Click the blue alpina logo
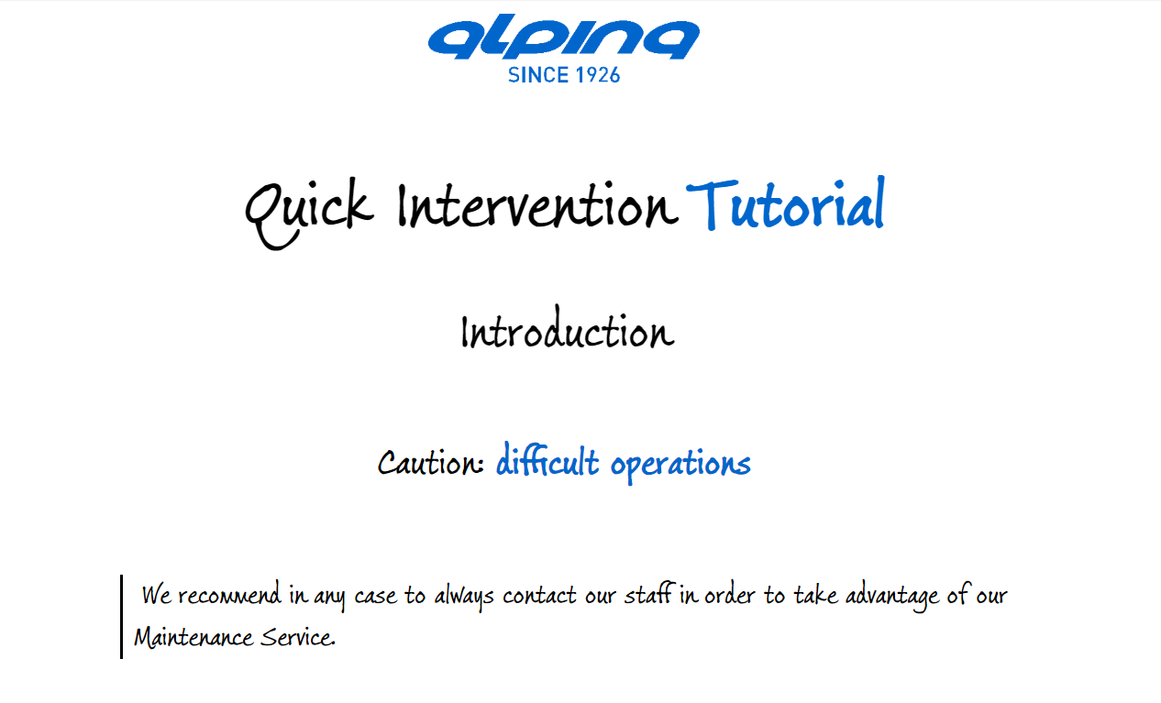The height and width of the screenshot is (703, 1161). (564, 37)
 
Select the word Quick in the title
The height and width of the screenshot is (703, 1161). (309, 214)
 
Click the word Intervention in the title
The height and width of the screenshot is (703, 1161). (537, 206)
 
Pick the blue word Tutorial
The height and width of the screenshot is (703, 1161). (785, 203)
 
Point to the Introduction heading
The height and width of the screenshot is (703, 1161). (568, 328)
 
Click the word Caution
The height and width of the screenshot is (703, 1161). (431, 463)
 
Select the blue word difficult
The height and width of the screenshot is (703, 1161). (547, 460)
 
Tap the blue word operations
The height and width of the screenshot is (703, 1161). (680, 465)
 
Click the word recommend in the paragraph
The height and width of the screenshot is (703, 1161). (229, 595)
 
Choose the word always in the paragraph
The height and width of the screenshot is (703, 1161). (464, 597)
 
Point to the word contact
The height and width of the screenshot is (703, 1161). (539, 596)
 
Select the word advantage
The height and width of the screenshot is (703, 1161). (892, 597)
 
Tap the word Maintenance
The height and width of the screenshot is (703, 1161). (193, 637)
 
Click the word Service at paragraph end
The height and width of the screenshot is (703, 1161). (298, 637)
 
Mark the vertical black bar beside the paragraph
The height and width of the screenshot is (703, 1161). (121, 617)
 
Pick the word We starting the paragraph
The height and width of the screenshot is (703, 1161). (156, 595)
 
